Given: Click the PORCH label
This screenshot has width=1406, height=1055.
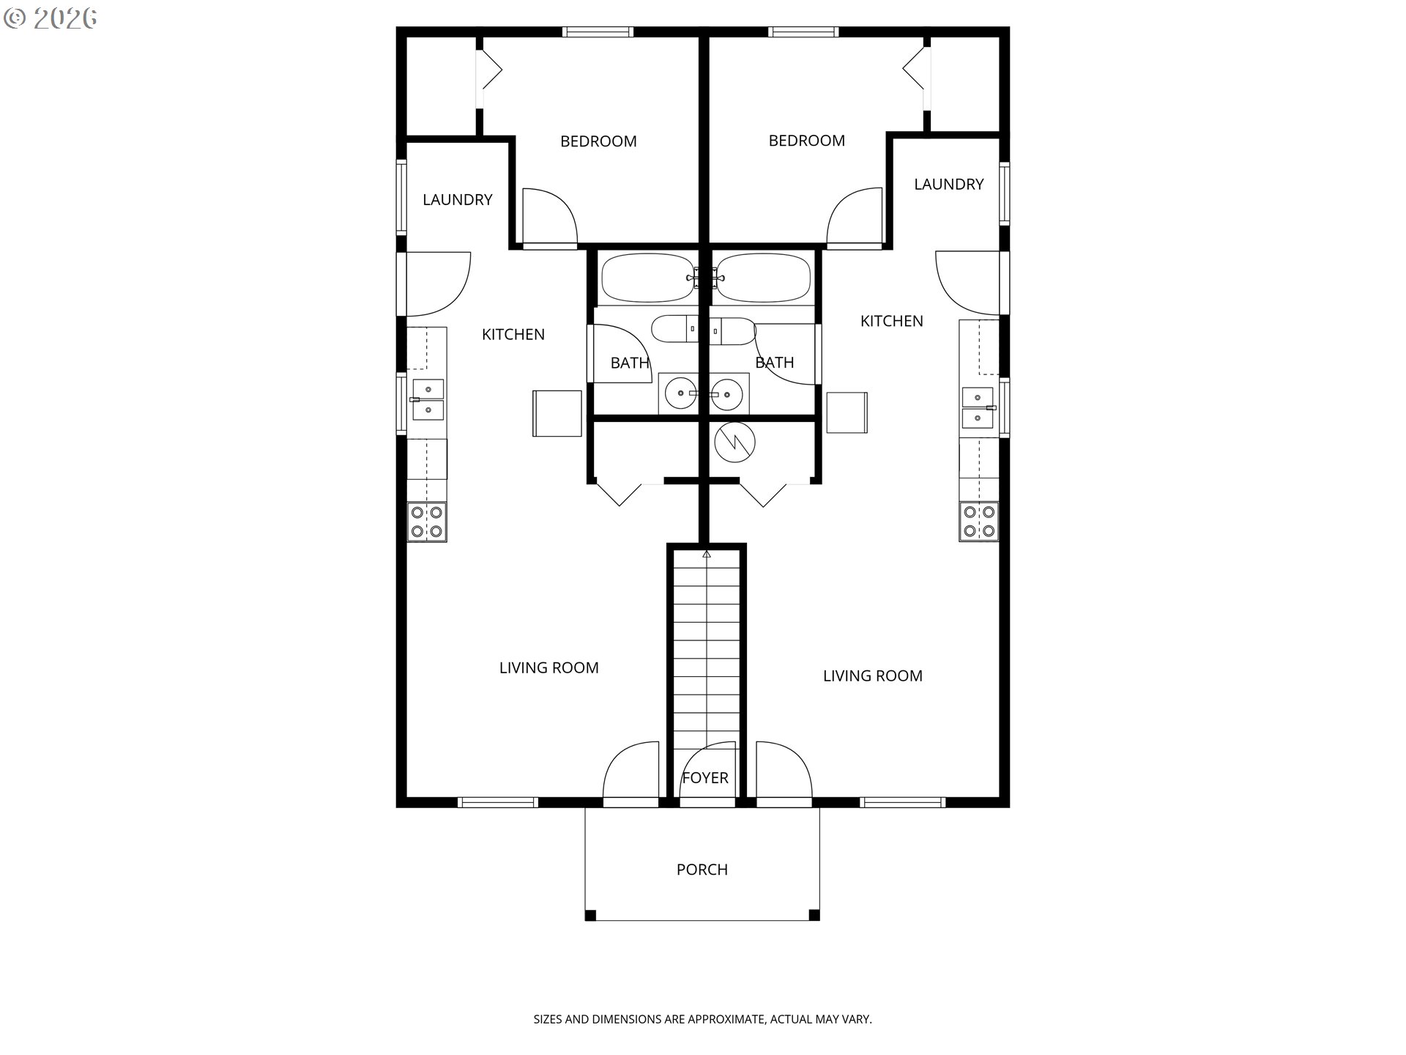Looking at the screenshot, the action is point(702,870).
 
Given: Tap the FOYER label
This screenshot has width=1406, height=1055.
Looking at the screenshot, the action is point(705,778).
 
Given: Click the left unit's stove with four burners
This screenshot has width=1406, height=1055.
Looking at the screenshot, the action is point(427,522).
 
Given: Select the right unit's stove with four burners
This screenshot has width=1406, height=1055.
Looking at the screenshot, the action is point(979,522).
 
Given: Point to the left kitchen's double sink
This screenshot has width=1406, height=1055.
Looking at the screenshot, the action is point(428,399).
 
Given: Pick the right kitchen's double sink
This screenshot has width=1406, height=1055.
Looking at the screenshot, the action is point(978,407).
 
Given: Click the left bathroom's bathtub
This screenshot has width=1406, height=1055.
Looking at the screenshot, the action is point(647,278).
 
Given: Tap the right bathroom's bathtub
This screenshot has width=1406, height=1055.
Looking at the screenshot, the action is point(763,278).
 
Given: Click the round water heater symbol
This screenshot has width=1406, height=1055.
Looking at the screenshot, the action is point(734,443).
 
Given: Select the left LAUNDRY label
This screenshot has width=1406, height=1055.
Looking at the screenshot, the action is point(458,199).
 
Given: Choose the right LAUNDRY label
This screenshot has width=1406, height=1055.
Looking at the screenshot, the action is point(948,185).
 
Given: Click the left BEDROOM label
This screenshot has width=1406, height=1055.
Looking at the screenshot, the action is point(598,141).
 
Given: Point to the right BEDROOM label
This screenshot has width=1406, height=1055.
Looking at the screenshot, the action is point(806,141).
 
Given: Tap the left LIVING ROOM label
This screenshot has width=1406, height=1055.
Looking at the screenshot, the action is point(549,667).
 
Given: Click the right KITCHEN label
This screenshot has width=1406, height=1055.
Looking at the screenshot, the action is point(891,321).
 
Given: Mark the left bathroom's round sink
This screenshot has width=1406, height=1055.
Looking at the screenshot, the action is point(681,394).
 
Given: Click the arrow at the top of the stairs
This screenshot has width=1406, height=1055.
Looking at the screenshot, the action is point(706,554).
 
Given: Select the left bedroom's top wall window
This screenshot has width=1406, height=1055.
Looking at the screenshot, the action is point(598,32).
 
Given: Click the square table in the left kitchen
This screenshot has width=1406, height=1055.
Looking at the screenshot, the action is point(557,413).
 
